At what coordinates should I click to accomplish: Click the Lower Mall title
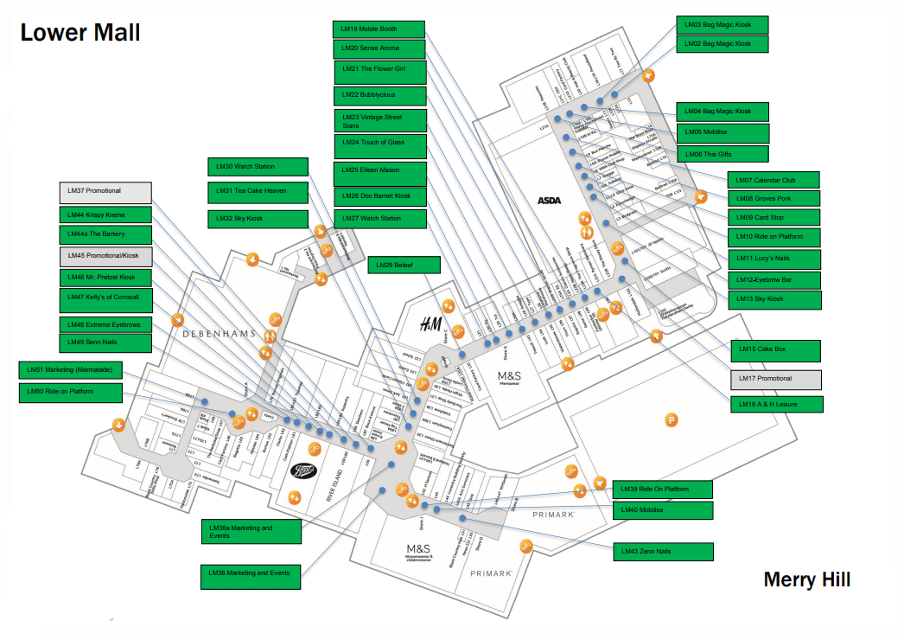click(80, 33)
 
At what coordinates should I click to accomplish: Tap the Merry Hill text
click(806, 579)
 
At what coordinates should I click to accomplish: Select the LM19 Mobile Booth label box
click(379, 29)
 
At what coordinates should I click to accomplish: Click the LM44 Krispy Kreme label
click(105, 214)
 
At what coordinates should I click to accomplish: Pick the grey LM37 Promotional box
click(105, 191)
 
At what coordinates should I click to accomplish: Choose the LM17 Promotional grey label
click(775, 379)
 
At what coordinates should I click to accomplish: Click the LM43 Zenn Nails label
click(663, 551)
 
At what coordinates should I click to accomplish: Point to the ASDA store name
click(550, 201)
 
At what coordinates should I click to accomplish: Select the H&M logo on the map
click(430, 325)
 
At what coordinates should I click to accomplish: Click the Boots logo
click(304, 470)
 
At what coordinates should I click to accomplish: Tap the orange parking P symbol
click(670, 420)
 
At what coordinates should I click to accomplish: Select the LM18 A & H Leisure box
click(776, 404)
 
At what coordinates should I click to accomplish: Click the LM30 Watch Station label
click(258, 167)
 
